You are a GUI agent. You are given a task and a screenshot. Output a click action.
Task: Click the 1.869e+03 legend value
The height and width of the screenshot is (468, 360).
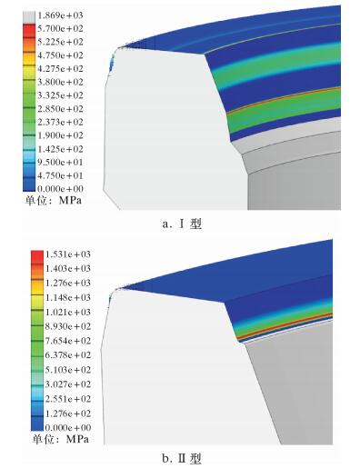tap(60, 15)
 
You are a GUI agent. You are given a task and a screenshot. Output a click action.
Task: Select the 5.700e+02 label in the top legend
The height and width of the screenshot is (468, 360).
tap(60, 29)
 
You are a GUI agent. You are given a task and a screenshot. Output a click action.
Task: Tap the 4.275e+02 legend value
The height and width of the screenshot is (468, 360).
tap(60, 69)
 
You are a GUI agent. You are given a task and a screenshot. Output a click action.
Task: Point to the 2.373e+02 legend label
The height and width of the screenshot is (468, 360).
tap(60, 122)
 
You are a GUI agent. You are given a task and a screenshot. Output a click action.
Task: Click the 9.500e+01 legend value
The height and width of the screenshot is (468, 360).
tap(60, 162)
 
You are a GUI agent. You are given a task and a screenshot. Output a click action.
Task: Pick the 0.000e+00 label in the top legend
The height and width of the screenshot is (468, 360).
tap(60, 189)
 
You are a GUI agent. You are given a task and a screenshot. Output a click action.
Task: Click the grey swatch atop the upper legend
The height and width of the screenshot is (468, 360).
tap(29, 17)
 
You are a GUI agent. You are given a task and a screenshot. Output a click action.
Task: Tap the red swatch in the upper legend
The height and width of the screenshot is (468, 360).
tap(29, 30)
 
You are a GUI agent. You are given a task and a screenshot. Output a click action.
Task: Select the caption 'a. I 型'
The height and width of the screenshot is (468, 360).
tap(182, 224)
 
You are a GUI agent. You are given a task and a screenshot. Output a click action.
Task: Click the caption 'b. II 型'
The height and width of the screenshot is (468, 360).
tap(182, 459)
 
